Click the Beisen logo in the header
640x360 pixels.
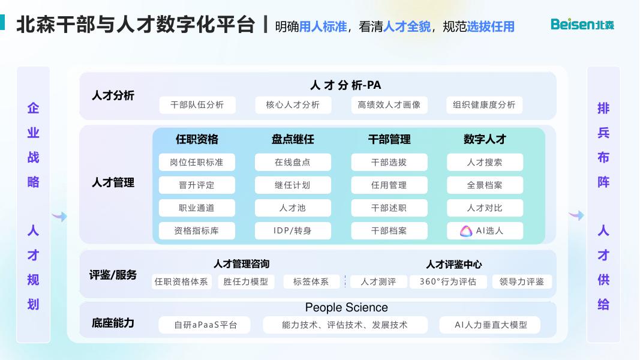tap(582, 25)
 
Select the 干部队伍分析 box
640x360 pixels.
tap(197, 105)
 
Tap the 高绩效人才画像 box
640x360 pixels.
tap(389, 105)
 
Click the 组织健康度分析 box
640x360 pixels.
tap(484, 105)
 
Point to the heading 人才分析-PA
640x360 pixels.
tap(345, 85)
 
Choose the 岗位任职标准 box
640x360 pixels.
tap(197, 162)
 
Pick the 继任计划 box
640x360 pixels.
tap(293, 185)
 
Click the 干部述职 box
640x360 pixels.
tap(389, 208)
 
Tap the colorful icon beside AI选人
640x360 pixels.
tap(466, 231)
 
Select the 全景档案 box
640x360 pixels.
tap(485, 185)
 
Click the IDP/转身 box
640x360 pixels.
tap(293, 230)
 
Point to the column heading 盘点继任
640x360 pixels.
tap(293, 139)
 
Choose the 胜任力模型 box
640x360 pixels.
tap(245, 281)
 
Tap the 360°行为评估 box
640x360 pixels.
tap(447, 281)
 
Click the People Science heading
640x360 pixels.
tap(346, 308)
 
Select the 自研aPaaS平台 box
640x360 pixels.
tap(206, 325)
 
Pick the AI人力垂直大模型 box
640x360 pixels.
tap(490, 325)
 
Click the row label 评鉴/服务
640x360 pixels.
tap(113, 275)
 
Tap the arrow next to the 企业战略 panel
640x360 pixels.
tap(59, 217)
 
